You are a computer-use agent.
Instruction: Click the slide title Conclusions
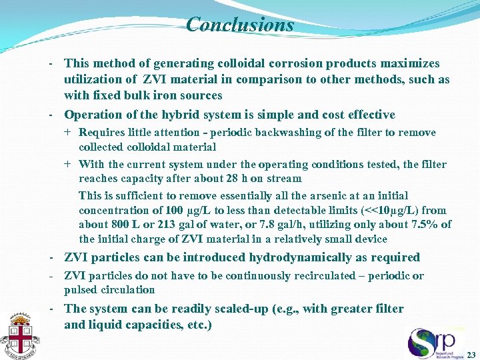240,25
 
